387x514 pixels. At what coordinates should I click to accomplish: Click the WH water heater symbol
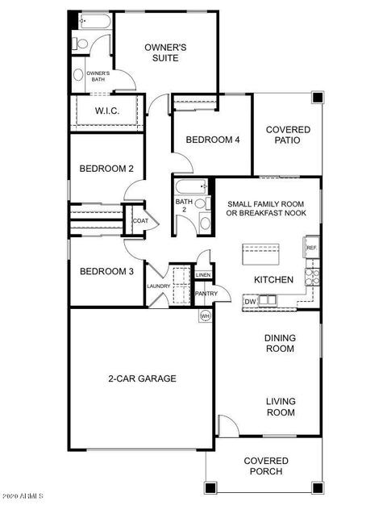point(205,316)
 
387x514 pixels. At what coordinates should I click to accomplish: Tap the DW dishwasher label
point(250,302)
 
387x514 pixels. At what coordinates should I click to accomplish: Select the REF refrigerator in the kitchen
point(311,248)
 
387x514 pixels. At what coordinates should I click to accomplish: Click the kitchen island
point(260,254)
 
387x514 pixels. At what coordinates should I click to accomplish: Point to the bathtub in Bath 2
point(192,187)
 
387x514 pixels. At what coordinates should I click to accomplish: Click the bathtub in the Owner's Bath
point(95,21)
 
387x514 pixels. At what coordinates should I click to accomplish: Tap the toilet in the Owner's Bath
point(81,44)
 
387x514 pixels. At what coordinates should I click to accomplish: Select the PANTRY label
point(206,294)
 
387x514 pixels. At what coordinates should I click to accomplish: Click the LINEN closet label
point(203,274)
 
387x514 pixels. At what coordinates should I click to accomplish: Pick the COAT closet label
point(140,220)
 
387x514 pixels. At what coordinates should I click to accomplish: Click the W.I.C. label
point(107,111)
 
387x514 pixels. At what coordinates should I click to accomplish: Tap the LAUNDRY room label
point(159,286)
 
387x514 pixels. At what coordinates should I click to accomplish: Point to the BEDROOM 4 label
point(213,140)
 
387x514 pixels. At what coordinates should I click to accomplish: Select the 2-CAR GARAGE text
point(142,378)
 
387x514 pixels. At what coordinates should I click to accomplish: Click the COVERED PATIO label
point(288,135)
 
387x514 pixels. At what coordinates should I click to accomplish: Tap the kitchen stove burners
point(312,277)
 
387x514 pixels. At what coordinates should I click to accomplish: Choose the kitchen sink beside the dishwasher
point(267,300)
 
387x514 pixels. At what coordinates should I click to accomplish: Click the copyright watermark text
point(22,495)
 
